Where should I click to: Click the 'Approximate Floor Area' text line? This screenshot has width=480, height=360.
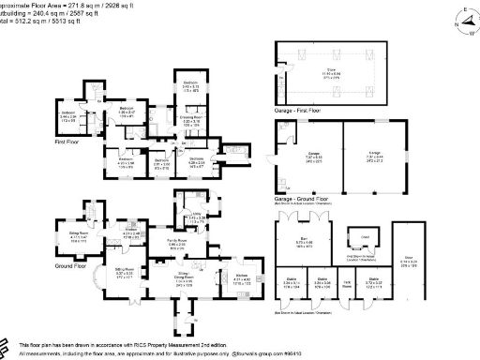point(56,5)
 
